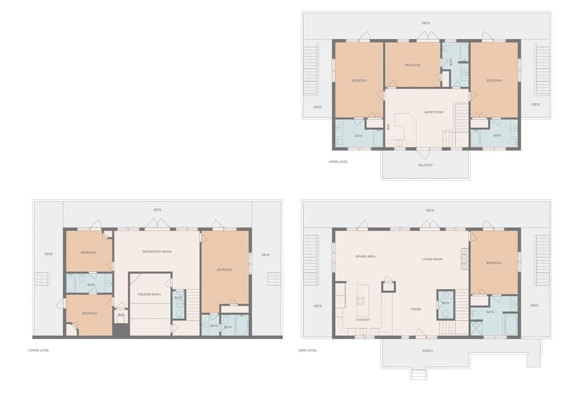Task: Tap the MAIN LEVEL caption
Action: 308,350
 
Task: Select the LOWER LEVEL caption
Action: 39,350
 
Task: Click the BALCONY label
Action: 425,165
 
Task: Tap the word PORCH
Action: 427,350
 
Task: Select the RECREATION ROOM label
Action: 157,251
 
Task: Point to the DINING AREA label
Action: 366,257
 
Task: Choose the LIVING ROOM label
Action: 432,259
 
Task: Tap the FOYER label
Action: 416,309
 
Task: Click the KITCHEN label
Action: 362,319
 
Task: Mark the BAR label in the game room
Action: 388,126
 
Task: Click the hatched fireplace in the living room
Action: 465,258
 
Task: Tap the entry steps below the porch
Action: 418,374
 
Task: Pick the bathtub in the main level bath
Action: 511,324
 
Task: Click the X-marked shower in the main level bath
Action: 477,328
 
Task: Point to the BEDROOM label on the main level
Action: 494,263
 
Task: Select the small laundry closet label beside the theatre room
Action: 121,315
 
